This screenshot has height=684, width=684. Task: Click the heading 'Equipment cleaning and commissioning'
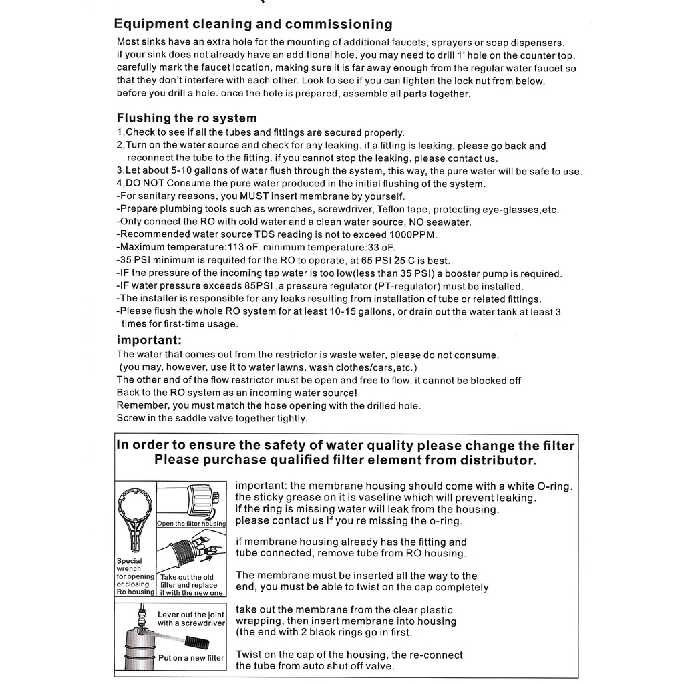[x=253, y=25]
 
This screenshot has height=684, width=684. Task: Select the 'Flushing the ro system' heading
[x=186, y=118]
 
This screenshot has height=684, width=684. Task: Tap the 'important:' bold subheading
[x=149, y=339]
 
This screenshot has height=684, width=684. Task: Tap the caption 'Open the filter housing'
[x=192, y=524]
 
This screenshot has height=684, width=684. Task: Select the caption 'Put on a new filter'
[x=191, y=658]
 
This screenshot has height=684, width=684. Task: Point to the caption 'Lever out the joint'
[x=190, y=615]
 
